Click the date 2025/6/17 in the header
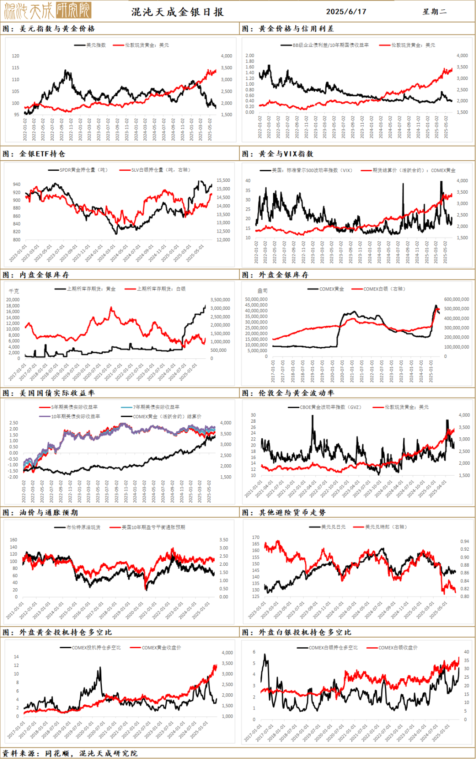(x=346, y=11)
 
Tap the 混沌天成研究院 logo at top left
(x=48, y=11)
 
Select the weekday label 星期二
(x=435, y=11)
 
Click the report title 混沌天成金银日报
(x=178, y=12)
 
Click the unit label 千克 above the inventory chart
(x=14, y=291)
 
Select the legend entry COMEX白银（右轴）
(x=384, y=289)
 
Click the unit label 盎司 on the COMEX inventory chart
(x=263, y=291)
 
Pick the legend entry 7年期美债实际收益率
(x=156, y=407)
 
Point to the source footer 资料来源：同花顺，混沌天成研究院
(x=71, y=753)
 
